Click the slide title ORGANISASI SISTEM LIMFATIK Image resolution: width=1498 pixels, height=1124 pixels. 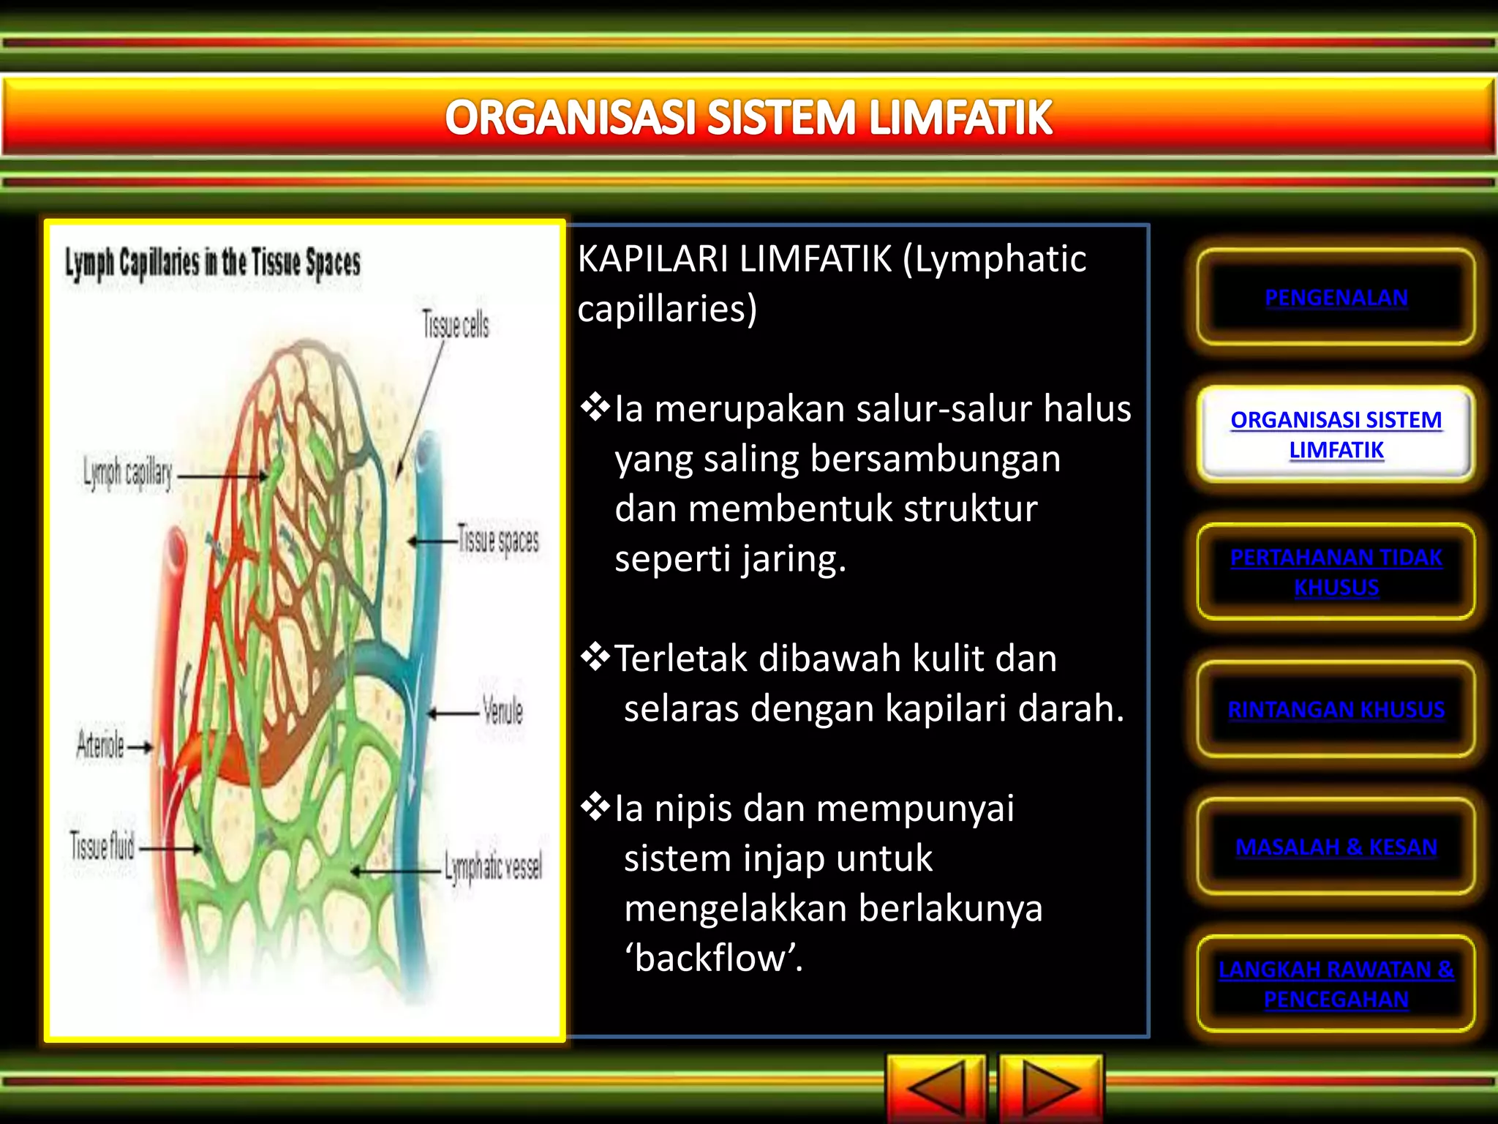tap(748, 118)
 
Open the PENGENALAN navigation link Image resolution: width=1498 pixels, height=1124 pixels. tap(1336, 297)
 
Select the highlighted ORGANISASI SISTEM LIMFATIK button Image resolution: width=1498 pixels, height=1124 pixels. tap(1336, 434)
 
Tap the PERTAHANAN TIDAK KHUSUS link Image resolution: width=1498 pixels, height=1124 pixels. tap(1336, 572)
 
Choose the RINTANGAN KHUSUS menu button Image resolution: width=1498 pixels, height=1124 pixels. tap(1336, 709)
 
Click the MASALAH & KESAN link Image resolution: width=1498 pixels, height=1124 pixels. tap(1336, 847)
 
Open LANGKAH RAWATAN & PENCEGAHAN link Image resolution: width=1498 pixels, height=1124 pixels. tap(1336, 983)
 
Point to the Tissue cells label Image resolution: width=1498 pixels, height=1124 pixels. tap(455, 325)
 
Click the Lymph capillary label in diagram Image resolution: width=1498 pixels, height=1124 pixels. tap(127, 473)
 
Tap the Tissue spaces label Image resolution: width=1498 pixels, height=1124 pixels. tap(498, 541)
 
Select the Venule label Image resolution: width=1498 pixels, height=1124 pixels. tap(503, 711)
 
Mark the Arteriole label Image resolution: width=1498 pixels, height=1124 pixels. tap(101, 746)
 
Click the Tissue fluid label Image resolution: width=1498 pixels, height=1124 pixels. tap(102, 847)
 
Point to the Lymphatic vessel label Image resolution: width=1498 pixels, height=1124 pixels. tap(494, 868)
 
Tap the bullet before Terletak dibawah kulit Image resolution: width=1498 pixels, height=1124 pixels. tap(595, 657)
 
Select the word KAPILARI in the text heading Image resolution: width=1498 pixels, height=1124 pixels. tap(653, 259)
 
